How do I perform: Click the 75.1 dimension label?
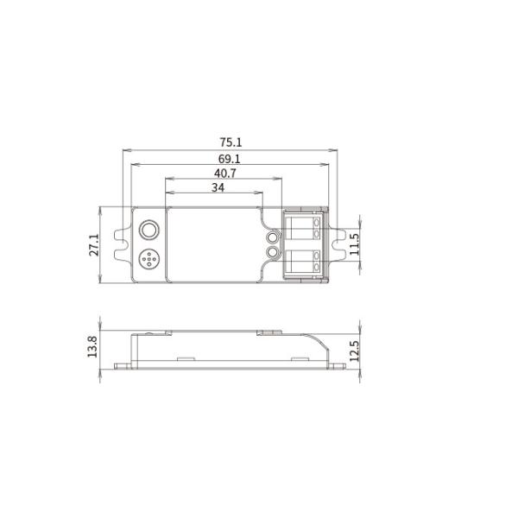231,142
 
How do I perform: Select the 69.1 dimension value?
230,159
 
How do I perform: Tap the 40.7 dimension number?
225,174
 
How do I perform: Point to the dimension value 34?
218,187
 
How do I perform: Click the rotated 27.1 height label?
94,245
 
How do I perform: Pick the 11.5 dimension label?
354,244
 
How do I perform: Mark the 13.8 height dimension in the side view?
92,346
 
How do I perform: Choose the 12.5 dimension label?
354,351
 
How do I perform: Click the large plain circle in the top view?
149,230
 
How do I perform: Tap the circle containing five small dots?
149,259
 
